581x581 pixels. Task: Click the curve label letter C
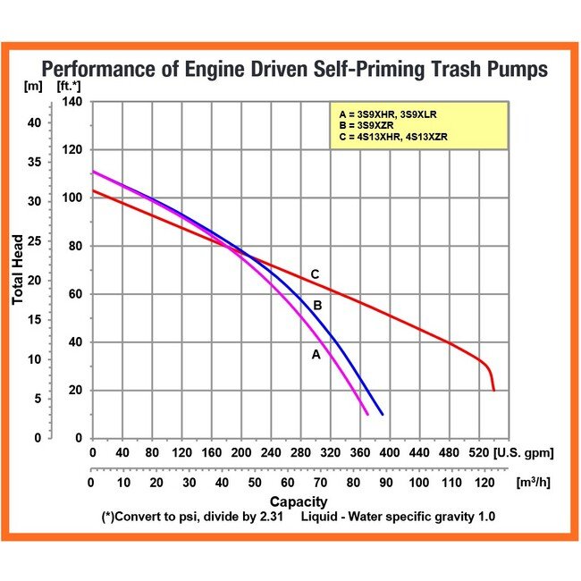[x=315, y=274]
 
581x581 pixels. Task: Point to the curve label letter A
[x=315, y=355]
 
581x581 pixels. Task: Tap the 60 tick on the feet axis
[x=74, y=294]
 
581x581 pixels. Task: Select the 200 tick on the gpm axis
[x=240, y=454]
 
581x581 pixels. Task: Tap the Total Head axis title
[x=18, y=269]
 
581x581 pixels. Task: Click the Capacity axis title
[x=299, y=501]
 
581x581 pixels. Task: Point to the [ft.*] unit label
[x=68, y=87]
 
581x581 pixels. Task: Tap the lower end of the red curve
[x=493, y=390]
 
